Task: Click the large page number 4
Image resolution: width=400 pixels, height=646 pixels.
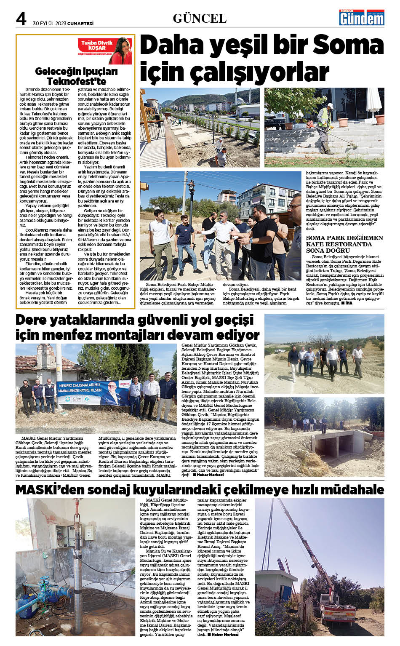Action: [x=21, y=19]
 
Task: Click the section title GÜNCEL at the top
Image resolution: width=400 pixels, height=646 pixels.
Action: [x=200, y=19]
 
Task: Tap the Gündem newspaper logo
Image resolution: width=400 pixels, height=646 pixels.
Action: [x=362, y=18]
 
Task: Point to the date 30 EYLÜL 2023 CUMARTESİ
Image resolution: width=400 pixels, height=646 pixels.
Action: [x=63, y=24]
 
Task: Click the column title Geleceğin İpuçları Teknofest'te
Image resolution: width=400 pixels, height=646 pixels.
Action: [x=76, y=76]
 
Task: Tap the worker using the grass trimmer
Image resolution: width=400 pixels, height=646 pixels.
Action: [x=324, y=128]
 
